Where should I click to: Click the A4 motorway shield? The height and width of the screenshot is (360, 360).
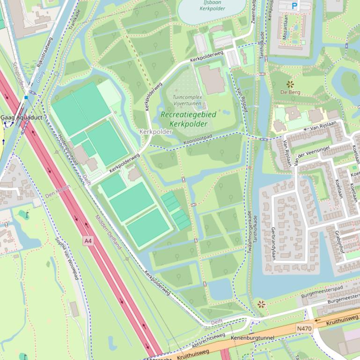coord(88,241)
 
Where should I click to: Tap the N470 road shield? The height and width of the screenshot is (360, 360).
coord(304,329)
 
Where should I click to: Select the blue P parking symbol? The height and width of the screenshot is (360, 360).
coord(294,6)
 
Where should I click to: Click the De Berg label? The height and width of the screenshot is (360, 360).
coord(290,93)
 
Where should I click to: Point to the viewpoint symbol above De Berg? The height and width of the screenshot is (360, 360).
coord(290,84)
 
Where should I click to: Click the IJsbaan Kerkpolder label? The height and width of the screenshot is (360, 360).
coord(212,6)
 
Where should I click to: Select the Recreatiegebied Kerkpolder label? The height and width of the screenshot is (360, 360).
coord(188,119)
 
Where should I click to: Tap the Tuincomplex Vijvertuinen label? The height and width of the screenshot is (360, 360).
coord(187,100)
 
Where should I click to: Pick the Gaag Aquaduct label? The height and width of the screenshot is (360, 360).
coord(21,117)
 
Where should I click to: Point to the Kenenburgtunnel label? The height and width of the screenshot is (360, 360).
coord(253,338)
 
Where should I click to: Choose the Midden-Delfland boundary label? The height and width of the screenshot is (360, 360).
coord(108,232)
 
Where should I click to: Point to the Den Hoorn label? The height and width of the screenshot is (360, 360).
coord(58,191)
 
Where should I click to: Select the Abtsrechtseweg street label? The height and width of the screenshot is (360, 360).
coord(209,341)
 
